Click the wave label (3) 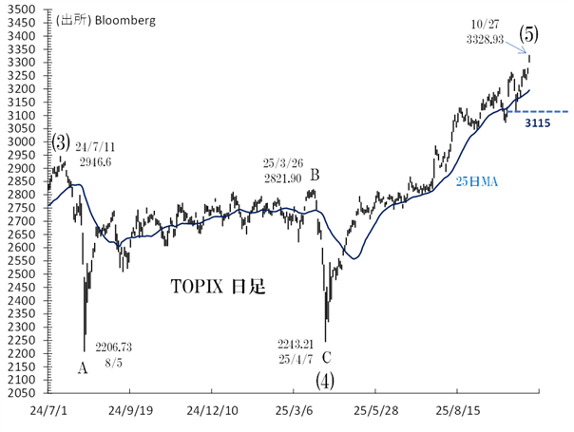point(62,141)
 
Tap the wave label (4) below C point(326,381)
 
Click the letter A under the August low point(82,366)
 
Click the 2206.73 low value point(112,347)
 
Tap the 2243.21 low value point(296,343)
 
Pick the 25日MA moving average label point(475,180)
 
